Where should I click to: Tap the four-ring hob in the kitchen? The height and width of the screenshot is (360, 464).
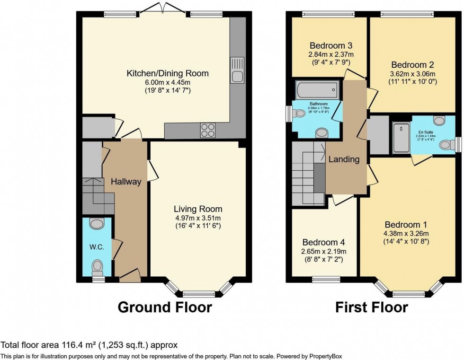coord(207,130)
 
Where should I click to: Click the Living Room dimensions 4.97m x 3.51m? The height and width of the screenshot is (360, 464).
coord(197,218)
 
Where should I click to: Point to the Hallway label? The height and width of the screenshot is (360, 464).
coord(126,181)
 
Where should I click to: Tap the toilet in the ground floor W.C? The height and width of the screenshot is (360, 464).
coord(97,267)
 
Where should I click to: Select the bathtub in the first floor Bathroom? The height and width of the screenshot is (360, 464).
coord(317,88)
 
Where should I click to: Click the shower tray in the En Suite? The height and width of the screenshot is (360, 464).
coord(402,138)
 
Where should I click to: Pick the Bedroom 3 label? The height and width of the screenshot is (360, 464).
coord(331,46)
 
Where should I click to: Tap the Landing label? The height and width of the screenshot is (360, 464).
coord(344,159)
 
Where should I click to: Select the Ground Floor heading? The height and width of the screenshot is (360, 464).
coord(164,307)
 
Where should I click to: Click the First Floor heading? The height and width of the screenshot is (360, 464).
coord(372,307)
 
